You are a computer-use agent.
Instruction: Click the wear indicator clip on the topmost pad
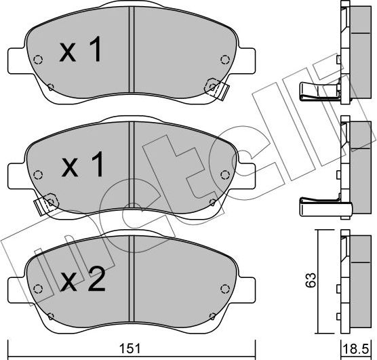[215, 87]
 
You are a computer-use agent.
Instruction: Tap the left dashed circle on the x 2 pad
[39, 287]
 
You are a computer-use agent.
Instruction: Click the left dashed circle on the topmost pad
[39, 59]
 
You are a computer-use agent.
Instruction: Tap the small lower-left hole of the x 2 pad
[51, 314]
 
